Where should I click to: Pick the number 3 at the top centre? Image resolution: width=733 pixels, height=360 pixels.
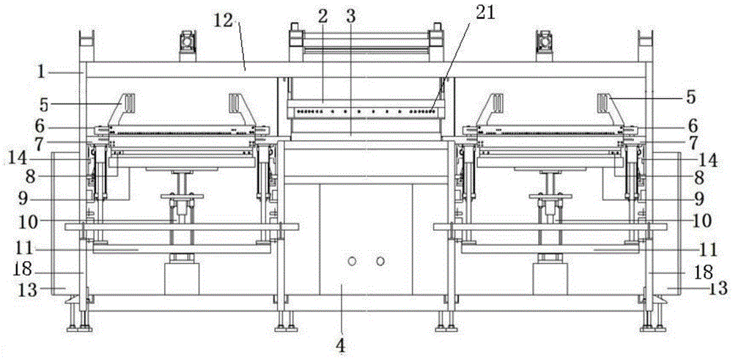pos(352,16)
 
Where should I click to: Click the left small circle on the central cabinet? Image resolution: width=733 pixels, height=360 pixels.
pos(352,262)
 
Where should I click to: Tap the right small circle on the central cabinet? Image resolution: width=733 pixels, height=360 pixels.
pos(380,262)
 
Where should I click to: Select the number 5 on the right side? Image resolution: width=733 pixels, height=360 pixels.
pos(692,96)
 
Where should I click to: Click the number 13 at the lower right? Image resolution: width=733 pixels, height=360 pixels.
pos(718,288)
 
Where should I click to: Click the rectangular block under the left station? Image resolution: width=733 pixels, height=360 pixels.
pos(181,279)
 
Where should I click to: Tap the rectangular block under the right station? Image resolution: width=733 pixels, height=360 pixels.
pos(550,279)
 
